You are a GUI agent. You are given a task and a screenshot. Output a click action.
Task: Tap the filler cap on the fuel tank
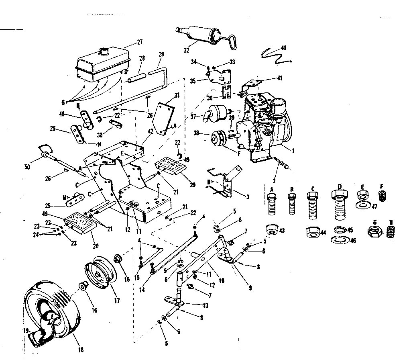point(106,51)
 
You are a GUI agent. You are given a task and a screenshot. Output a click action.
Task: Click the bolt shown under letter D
point(339,205)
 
